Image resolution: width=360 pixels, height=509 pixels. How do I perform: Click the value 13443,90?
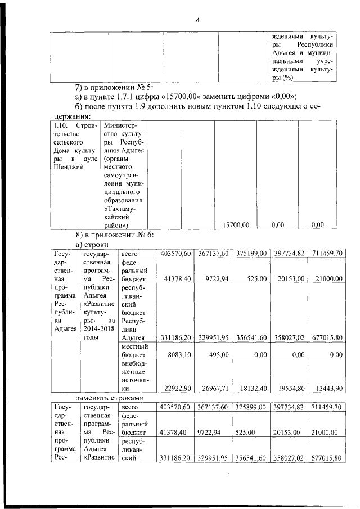tap(327, 388)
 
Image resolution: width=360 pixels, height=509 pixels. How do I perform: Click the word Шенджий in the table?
tap(66, 166)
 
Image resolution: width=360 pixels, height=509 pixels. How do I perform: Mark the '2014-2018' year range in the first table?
tap(98, 328)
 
